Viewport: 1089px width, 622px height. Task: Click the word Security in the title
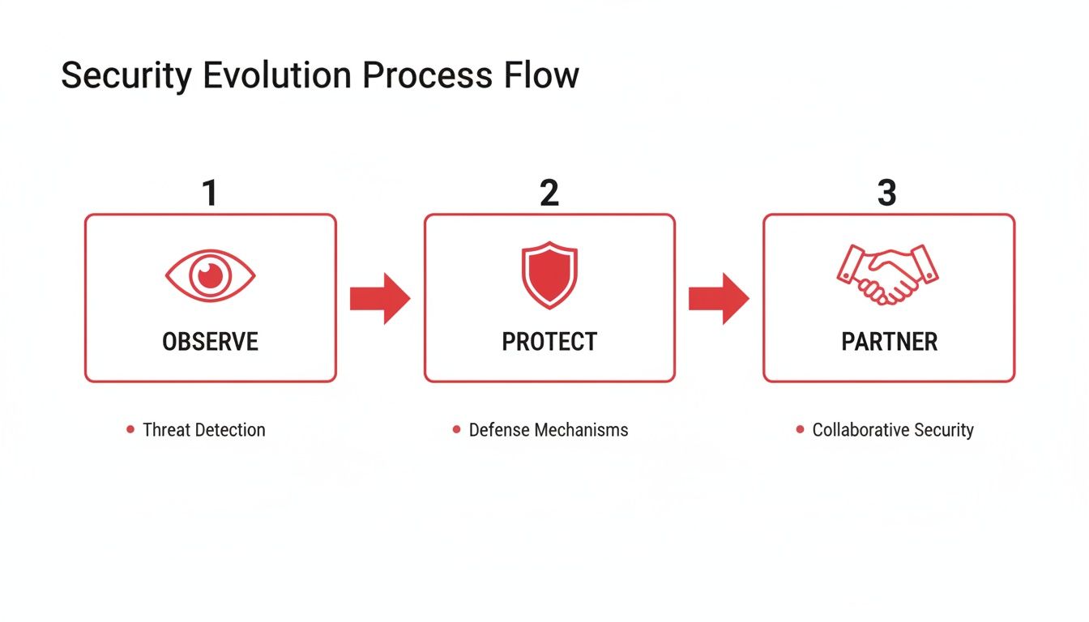126,76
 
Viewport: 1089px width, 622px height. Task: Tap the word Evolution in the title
276,76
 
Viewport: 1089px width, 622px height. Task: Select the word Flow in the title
540,76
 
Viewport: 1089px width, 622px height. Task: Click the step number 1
210,194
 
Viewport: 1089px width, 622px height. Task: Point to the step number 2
549,194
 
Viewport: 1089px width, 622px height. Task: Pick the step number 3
887,194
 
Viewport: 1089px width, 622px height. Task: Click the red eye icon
210,276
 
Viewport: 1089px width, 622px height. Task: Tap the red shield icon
549,275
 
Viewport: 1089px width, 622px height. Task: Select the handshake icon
887,275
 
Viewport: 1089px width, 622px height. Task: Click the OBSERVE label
210,342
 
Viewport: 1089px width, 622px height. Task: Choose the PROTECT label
549,342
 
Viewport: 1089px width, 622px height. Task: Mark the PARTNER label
889,342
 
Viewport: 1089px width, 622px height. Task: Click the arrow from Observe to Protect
380,299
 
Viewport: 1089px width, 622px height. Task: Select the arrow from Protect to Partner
719,299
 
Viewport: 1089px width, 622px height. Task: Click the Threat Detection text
203,430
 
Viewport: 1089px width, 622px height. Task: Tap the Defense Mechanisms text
549,430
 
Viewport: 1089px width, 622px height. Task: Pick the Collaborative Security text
893,430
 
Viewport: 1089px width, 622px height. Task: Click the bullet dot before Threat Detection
130,429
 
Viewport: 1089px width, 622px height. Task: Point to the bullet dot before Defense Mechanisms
457,429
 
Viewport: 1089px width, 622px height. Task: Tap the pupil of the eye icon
210,275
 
